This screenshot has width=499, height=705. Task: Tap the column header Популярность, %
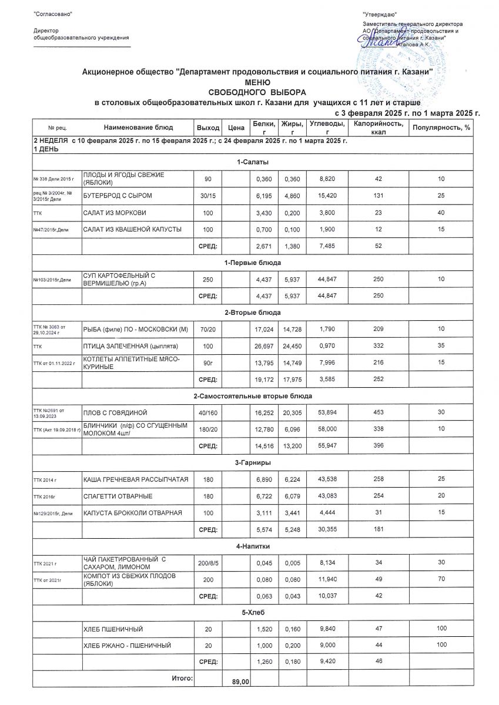tap(441, 127)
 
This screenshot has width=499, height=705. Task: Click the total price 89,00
tap(241, 681)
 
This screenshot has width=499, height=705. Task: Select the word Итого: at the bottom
tap(182, 679)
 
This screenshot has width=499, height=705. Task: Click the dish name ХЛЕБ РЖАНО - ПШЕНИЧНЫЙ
tap(127, 646)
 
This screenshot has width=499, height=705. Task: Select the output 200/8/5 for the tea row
tap(207, 563)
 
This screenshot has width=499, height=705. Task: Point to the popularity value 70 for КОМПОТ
tap(441, 580)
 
